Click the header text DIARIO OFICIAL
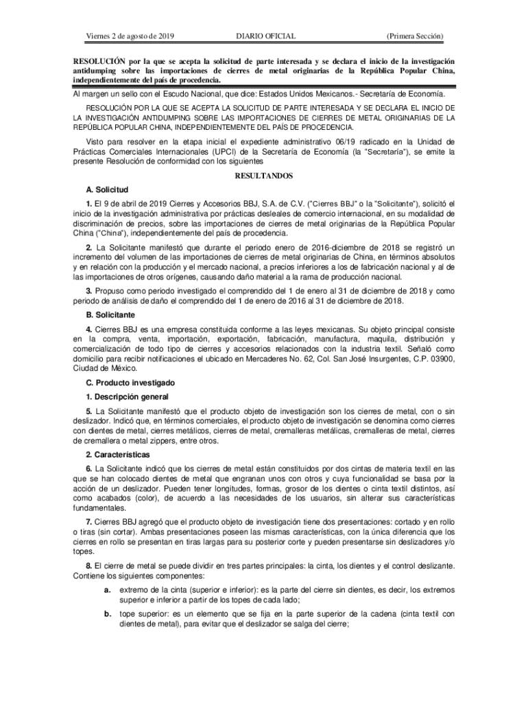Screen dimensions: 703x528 pos(266,34)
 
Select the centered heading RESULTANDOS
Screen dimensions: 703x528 pos(264,176)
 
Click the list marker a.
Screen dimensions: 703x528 pos(108,590)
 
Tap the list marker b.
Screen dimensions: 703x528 pos(108,614)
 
